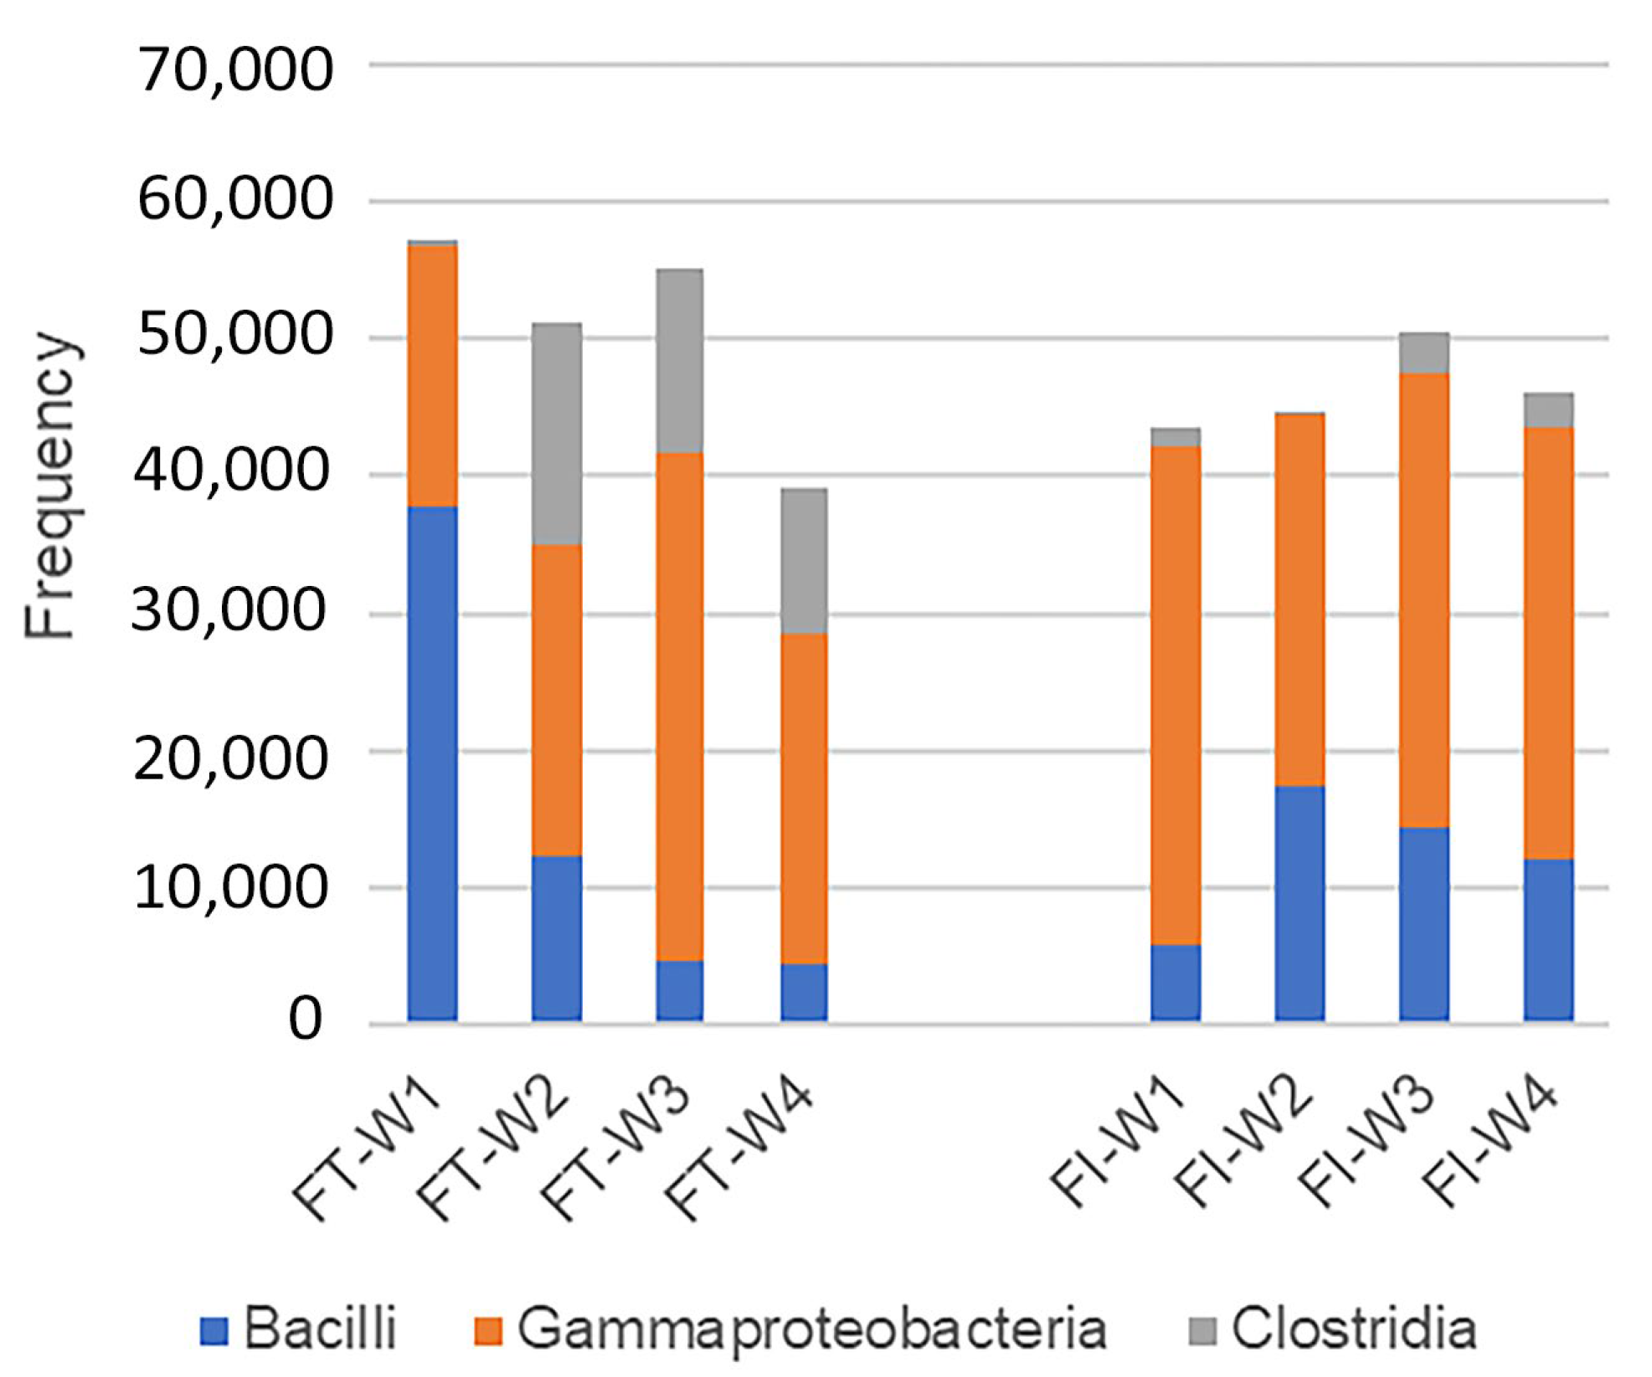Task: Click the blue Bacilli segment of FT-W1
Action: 432,762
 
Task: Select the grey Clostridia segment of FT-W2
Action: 557,434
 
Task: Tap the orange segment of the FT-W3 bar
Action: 679,706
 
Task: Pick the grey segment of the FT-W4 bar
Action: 804,561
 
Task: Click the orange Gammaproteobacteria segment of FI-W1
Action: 1176,695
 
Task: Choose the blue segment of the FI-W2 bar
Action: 1299,902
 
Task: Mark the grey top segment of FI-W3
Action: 1423,353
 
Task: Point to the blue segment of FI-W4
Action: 1548,938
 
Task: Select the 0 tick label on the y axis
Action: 305,1020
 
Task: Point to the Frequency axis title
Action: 52,486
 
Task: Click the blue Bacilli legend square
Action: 214,1330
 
